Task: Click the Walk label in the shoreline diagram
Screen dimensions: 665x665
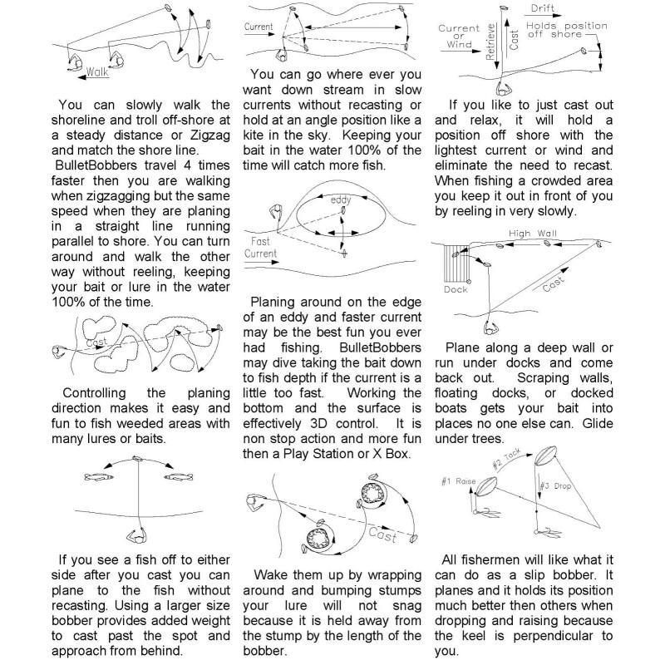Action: click(x=97, y=71)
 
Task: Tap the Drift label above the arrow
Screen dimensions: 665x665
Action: click(x=544, y=7)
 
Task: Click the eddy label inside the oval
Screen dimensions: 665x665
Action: click(x=340, y=201)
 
